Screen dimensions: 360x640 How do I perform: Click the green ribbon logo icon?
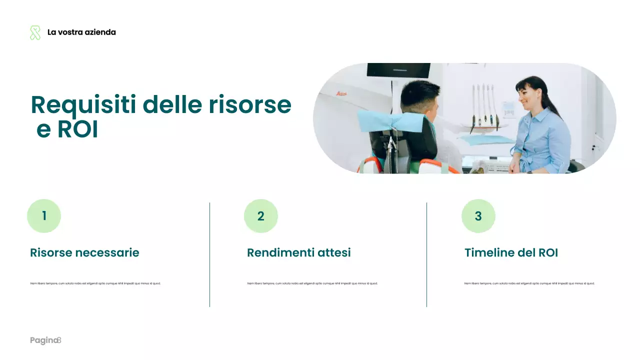35,32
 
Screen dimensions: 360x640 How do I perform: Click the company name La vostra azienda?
81,32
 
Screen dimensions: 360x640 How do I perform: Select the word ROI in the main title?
77,129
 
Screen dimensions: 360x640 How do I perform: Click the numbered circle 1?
44,216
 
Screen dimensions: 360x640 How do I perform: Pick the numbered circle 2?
261,216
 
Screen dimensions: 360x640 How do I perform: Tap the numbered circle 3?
478,216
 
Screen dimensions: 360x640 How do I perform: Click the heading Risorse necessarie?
84,253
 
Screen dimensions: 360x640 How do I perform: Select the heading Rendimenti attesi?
299,253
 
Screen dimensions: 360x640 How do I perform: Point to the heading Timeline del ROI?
511,253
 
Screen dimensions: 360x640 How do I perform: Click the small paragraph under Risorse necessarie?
95,283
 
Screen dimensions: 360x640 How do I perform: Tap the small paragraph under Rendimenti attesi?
312,283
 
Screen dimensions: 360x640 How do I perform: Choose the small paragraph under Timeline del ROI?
529,283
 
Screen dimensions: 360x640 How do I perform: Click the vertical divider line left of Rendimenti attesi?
210,254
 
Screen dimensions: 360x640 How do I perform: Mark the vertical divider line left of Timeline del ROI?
427,254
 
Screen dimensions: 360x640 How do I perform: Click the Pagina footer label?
44,340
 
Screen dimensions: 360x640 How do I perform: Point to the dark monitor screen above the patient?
398,70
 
